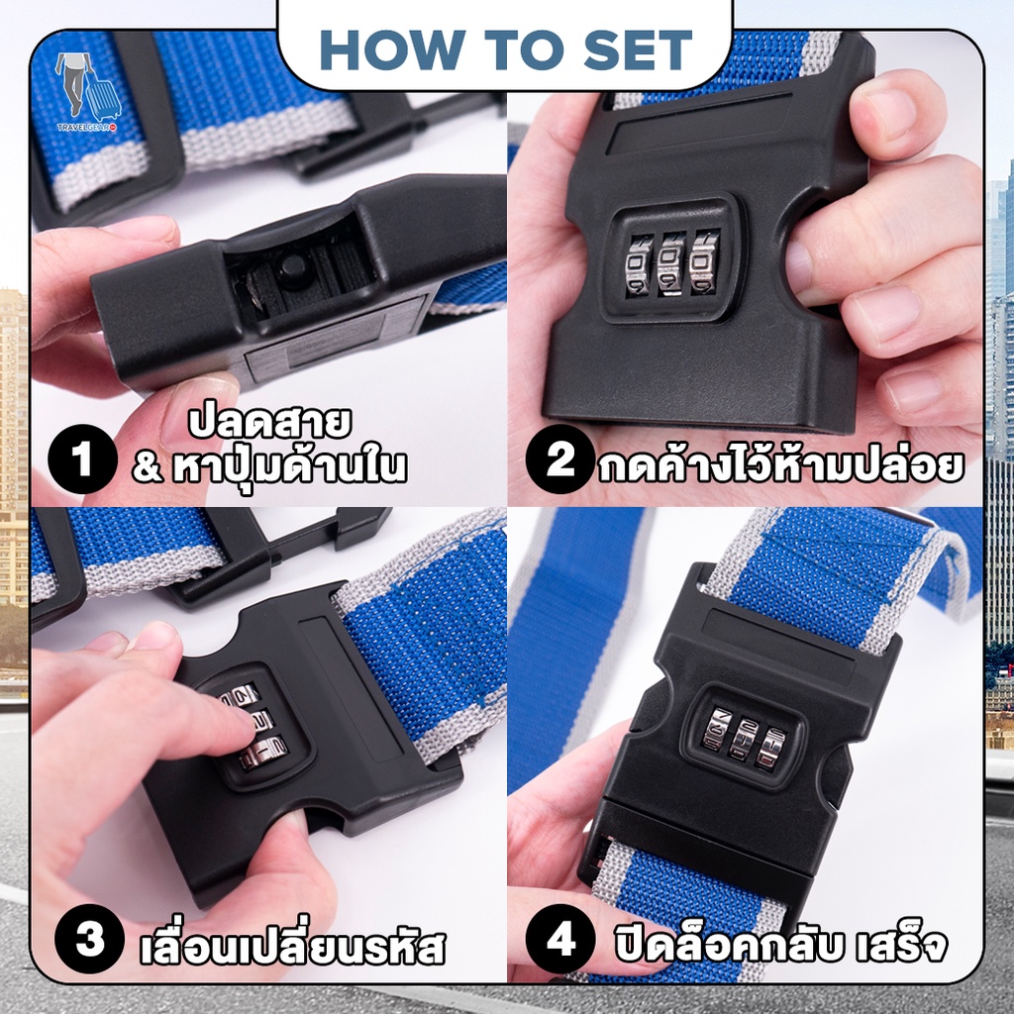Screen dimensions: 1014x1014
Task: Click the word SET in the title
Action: pyautogui.click(x=638, y=50)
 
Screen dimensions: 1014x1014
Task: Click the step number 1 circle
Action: pyautogui.click(x=82, y=459)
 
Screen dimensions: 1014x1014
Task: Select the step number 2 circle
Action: pyautogui.click(x=560, y=459)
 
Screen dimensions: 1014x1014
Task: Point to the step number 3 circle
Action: pyautogui.click(x=89, y=939)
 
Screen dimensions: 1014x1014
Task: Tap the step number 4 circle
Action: pyautogui.click(x=560, y=939)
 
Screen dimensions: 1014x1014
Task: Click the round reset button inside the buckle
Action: pyautogui.click(x=293, y=264)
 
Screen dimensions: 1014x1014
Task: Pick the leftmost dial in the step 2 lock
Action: pyautogui.click(x=639, y=264)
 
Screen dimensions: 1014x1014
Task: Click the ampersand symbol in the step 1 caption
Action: pyautogui.click(x=149, y=467)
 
